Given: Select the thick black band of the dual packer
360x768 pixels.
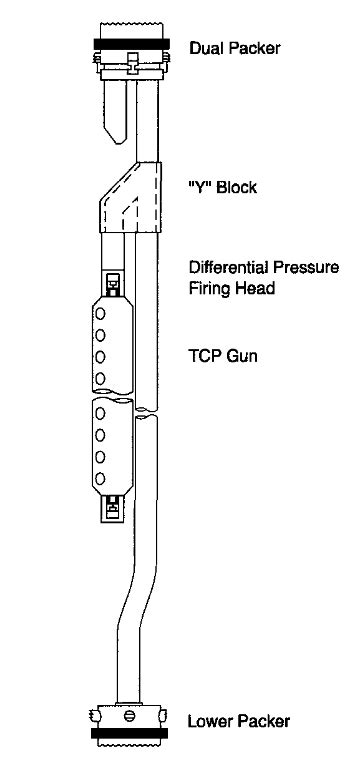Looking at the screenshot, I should (131, 44).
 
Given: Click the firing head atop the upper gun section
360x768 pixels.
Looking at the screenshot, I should (113, 282).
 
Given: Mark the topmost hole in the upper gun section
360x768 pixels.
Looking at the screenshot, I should (100, 313).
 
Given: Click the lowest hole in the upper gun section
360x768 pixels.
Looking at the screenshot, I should (100, 377).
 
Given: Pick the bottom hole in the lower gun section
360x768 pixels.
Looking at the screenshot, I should (100, 481).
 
